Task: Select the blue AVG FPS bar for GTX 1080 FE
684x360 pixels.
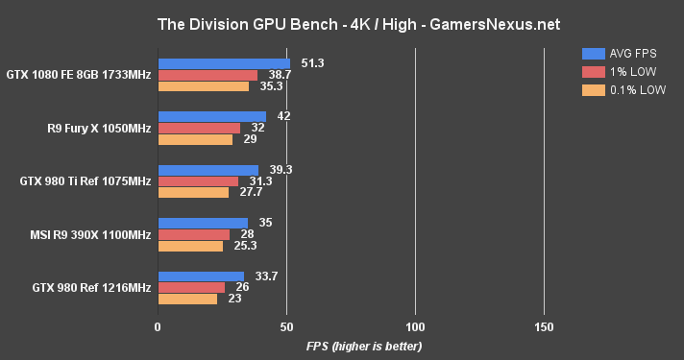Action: click(223, 63)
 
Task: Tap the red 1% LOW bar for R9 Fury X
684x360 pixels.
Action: click(199, 128)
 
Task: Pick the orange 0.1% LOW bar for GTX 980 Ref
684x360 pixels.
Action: click(187, 299)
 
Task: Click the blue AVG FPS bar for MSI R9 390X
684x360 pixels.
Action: click(203, 223)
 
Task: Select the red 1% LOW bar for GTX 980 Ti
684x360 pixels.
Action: click(198, 180)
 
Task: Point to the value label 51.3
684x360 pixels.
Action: click(310, 63)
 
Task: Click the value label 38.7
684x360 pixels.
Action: click(280, 75)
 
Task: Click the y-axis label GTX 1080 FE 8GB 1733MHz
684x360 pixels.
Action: click(78, 74)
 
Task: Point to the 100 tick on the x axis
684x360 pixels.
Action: click(415, 326)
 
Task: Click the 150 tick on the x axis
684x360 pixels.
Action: click(544, 326)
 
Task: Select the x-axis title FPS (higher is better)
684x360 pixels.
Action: click(364, 346)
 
